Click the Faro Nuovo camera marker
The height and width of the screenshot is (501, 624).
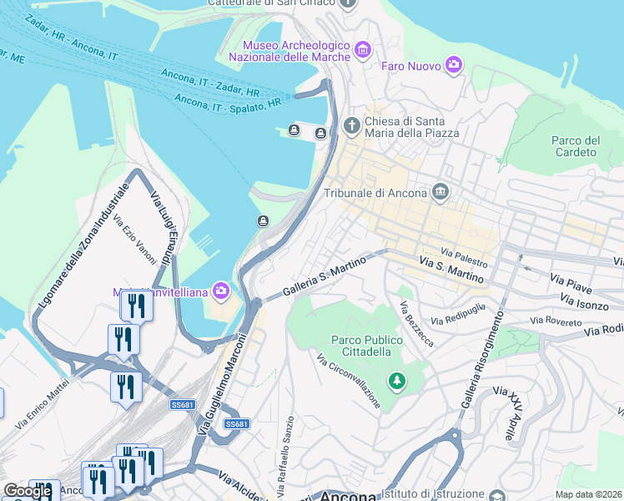(x=453, y=64)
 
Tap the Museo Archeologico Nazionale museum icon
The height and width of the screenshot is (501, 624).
(x=361, y=51)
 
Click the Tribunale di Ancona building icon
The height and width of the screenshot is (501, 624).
(x=440, y=194)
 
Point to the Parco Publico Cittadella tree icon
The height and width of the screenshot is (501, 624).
(x=398, y=382)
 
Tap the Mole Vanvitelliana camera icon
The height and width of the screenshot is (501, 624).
(x=221, y=291)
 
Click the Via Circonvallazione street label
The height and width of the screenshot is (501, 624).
(x=350, y=380)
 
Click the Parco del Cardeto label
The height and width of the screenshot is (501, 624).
(x=576, y=146)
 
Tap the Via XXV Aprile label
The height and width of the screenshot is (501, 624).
(x=504, y=413)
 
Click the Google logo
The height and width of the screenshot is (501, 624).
(x=27, y=491)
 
